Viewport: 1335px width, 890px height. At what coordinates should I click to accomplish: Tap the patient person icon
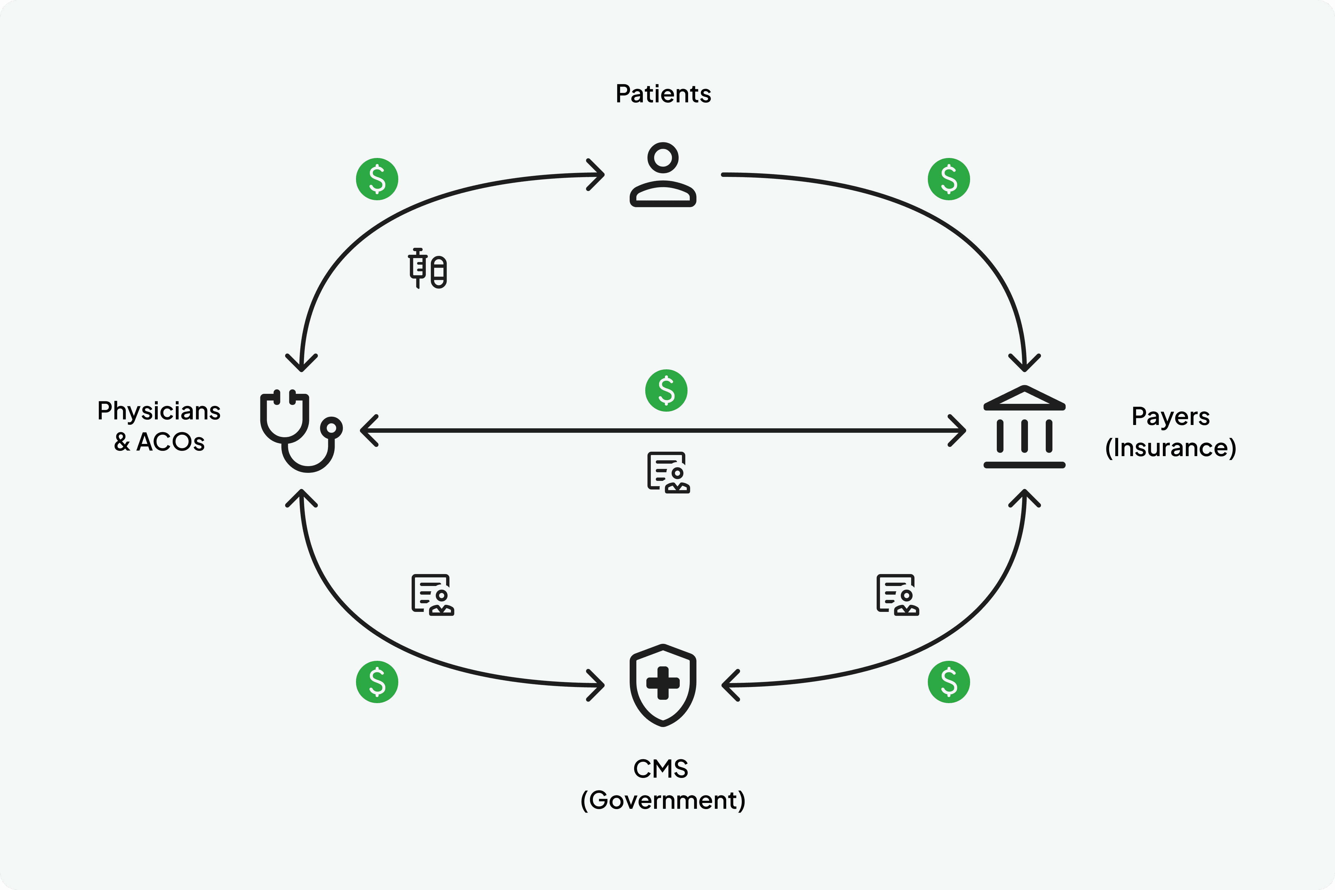click(x=663, y=175)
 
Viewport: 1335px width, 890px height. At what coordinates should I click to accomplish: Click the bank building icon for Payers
click(x=1025, y=427)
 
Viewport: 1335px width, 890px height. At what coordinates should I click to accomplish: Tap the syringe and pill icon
click(x=427, y=268)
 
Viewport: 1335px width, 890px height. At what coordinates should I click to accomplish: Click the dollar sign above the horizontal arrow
click(x=666, y=390)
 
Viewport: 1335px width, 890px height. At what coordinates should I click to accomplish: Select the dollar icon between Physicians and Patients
click(x=377, y=179)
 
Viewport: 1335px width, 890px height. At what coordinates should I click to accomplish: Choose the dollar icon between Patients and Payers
click(x=949, y=179)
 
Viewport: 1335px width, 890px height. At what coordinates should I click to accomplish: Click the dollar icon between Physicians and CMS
click(x=377, y=682)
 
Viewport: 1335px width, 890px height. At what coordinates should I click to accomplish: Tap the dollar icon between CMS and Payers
click(x=949, y=682)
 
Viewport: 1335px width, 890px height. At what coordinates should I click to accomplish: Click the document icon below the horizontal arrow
click(x=668, y=472)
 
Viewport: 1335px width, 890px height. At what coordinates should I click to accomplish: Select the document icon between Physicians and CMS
click(x=432, y=595)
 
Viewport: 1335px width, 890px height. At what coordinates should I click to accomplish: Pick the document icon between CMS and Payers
click(x=898, y=595)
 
